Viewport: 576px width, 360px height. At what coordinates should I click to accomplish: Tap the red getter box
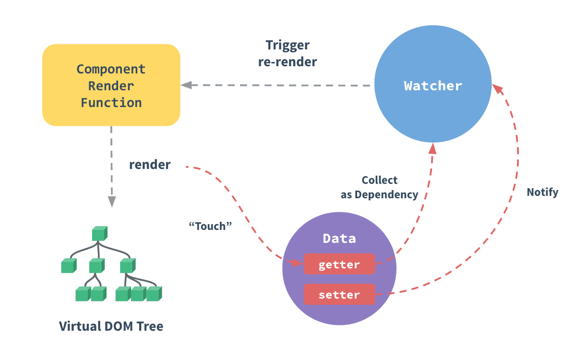(x=339, y=264)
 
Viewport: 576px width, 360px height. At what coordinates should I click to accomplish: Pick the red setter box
(x=339, y=294)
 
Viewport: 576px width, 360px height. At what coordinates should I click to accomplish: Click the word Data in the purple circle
(x=339, y=238)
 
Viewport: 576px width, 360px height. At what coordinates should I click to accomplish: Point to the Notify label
(x=542, y=192)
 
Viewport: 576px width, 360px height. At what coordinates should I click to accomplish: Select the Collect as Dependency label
(x=379, y=188)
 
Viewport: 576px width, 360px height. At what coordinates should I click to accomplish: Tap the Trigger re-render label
(x=288, y=53)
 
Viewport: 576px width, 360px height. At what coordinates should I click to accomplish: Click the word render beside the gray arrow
(x=150, y=165)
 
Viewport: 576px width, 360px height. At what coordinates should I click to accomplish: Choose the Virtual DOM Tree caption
(x=111, y=326)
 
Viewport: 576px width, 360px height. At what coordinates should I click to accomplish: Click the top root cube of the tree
(x=99, y=234)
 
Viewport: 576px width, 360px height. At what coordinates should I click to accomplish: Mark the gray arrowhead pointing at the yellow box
(x=186, y=85)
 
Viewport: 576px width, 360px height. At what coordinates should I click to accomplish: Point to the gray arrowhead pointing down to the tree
(x=111, y=201)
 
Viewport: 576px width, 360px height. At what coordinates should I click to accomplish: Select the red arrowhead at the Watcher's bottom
(x=432, y=148)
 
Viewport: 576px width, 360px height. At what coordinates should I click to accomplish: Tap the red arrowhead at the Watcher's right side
(x=497, y=89)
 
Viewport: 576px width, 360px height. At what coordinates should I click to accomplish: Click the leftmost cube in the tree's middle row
(x=69, y=265)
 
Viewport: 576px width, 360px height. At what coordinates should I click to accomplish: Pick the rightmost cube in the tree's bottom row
(x=154, y=294)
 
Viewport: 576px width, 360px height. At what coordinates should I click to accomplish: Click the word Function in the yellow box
(x=111, y=102)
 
